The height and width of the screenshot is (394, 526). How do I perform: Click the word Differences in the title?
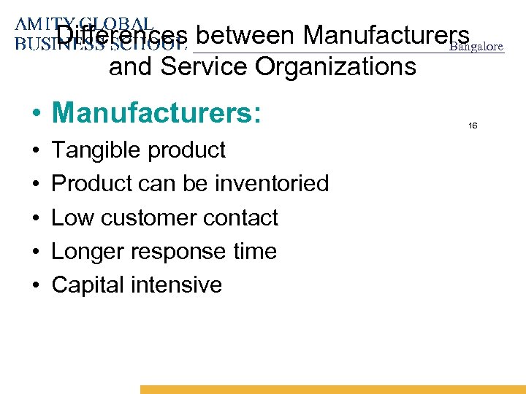(x=123, y=35)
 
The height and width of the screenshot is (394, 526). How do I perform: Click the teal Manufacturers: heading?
(x=156, y=113)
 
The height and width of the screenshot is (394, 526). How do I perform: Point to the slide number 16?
(x=473, y=126)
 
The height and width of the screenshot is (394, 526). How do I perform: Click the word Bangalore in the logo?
(x=476, y=47)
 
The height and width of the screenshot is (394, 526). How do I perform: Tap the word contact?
(x=242, y=217)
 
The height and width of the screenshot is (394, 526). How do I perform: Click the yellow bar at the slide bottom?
(x=332, y=390)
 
